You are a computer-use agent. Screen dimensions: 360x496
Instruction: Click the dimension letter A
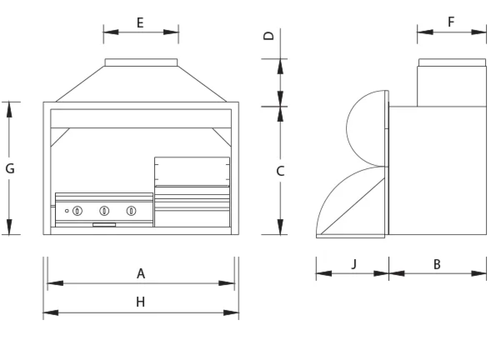(141, 273)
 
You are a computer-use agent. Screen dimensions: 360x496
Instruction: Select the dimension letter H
(140, 302)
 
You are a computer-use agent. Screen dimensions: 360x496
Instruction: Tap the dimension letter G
(10, 168)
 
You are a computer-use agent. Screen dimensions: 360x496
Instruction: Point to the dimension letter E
(140, 22)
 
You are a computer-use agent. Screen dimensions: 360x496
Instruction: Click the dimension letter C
(281, 171)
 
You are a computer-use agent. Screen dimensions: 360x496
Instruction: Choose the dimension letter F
(451, 22)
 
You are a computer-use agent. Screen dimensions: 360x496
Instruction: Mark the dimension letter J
(353, 264)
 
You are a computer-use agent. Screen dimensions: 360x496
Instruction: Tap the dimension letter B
(437, 264)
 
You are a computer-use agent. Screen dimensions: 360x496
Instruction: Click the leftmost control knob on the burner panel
(78, 211)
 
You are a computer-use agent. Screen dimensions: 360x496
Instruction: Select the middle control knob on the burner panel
(104, 211)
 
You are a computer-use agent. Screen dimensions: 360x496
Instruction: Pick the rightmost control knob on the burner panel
(131, 211)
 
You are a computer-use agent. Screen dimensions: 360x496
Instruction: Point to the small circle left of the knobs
(67, 211)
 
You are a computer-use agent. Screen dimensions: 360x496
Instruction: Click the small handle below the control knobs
(104, 224)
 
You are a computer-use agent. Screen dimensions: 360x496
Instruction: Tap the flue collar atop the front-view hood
(141, 62)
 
